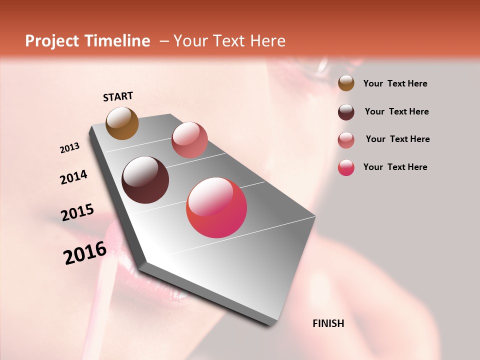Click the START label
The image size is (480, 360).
point(118,96)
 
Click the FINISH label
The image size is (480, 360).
point(328,323)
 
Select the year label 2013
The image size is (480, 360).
point(69,148)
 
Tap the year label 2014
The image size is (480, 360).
point(73,177)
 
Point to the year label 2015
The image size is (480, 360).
point(77,212)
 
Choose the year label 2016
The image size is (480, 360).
point(85,253)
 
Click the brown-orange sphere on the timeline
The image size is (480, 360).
point(122,123)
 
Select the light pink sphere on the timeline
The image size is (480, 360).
point(189,139)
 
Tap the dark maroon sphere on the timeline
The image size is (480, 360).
point(145,180)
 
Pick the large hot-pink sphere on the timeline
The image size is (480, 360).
point(216,207)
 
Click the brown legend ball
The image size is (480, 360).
point(346,83)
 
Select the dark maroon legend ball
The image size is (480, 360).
point(346,112)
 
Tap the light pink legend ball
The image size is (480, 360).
point(346,140)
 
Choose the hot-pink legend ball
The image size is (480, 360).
point(346,167)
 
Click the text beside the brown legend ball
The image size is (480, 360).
point(395,83)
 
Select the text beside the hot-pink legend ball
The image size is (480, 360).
point(395,167)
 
